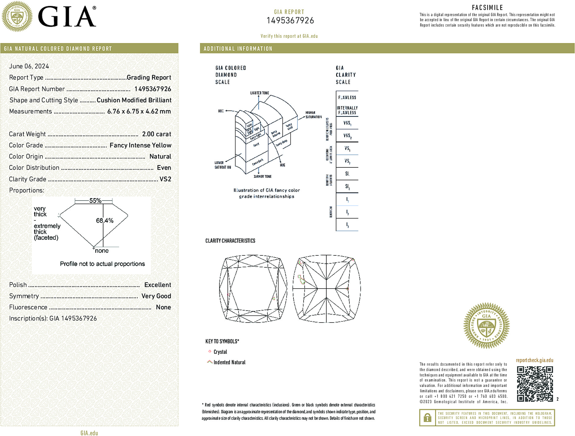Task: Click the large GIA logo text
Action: click(x=67, y=17)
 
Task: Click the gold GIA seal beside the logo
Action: click(x=17, y=17)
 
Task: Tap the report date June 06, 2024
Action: click(x=29, y=66)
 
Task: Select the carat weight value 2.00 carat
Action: click(x=157, y=134)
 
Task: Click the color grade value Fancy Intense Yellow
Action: click(x=140, y=145)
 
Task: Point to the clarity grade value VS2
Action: click(x=165, y=179)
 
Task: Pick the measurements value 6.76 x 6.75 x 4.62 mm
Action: click(x=139, y=111)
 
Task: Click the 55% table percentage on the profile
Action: click(x=95, y=201)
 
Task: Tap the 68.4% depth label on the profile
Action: click(x=105, y=220)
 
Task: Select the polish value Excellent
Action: click(x=157, y=285)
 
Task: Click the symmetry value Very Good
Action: click(x=156, y=296)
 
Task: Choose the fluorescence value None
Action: click(x=163, y=307)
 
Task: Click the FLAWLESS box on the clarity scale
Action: click(x=347, y=98)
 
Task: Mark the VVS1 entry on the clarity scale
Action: click(x=347, y=123)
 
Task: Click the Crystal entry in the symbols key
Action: click(x=220, y=352)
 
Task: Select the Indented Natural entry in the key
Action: click(x=229, y=362)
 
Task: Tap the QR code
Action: click(x=535, y=384)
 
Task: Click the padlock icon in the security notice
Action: click(x=427, y=418)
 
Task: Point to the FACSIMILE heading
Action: click(x=487, y=8)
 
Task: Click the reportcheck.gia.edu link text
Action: click(x=534, y=360)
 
